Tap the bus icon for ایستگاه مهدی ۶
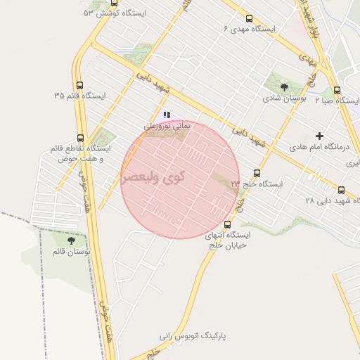tap(249, 19)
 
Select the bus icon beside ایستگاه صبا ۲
tap(337, 90)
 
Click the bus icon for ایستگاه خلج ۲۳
tap(257, 173)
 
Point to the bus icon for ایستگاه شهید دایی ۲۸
tap(342, 190)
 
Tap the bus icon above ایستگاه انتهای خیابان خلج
tap(226, 224)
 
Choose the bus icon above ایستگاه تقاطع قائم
tap(79, 138)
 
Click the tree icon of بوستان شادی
tap(284, 88)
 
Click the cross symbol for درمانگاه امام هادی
tap(320, 135)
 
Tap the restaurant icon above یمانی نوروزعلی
tap(167, 114)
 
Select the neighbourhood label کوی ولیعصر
tap(153, 178)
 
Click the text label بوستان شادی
tap(285, 100)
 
